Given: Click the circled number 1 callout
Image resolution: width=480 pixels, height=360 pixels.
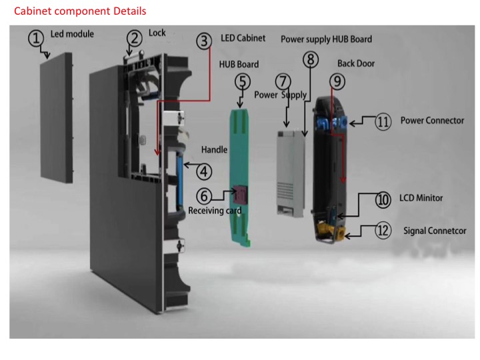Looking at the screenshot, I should click(36, 38).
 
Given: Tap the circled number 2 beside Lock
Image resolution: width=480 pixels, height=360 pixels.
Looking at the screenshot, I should click(135, 38).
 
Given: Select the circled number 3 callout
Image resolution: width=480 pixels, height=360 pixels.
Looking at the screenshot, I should click(205, 41).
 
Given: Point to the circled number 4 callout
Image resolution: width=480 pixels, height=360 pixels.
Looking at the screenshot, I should click(204, 171).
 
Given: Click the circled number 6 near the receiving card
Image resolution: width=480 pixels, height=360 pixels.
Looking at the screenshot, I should click(204, 196).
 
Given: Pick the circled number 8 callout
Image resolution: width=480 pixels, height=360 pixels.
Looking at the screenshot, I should click(310, 59).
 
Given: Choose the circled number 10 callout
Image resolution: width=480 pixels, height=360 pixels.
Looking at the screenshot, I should click(383, 200).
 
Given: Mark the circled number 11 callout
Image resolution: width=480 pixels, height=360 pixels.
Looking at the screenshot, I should click(382, 123).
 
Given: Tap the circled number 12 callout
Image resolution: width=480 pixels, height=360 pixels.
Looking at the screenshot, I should click(382, 231).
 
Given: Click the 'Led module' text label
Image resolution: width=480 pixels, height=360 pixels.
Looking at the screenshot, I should click(72, 34).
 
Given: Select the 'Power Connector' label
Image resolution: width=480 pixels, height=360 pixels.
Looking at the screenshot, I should click(432, 121).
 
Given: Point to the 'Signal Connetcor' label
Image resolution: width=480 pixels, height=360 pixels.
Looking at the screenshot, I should click(435, 231).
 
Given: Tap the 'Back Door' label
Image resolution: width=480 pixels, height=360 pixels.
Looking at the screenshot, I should click(356, 63).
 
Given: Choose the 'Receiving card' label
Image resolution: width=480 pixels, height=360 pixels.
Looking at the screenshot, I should click(215, 211).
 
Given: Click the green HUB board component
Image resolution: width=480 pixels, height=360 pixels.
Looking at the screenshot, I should click(241, 167).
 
